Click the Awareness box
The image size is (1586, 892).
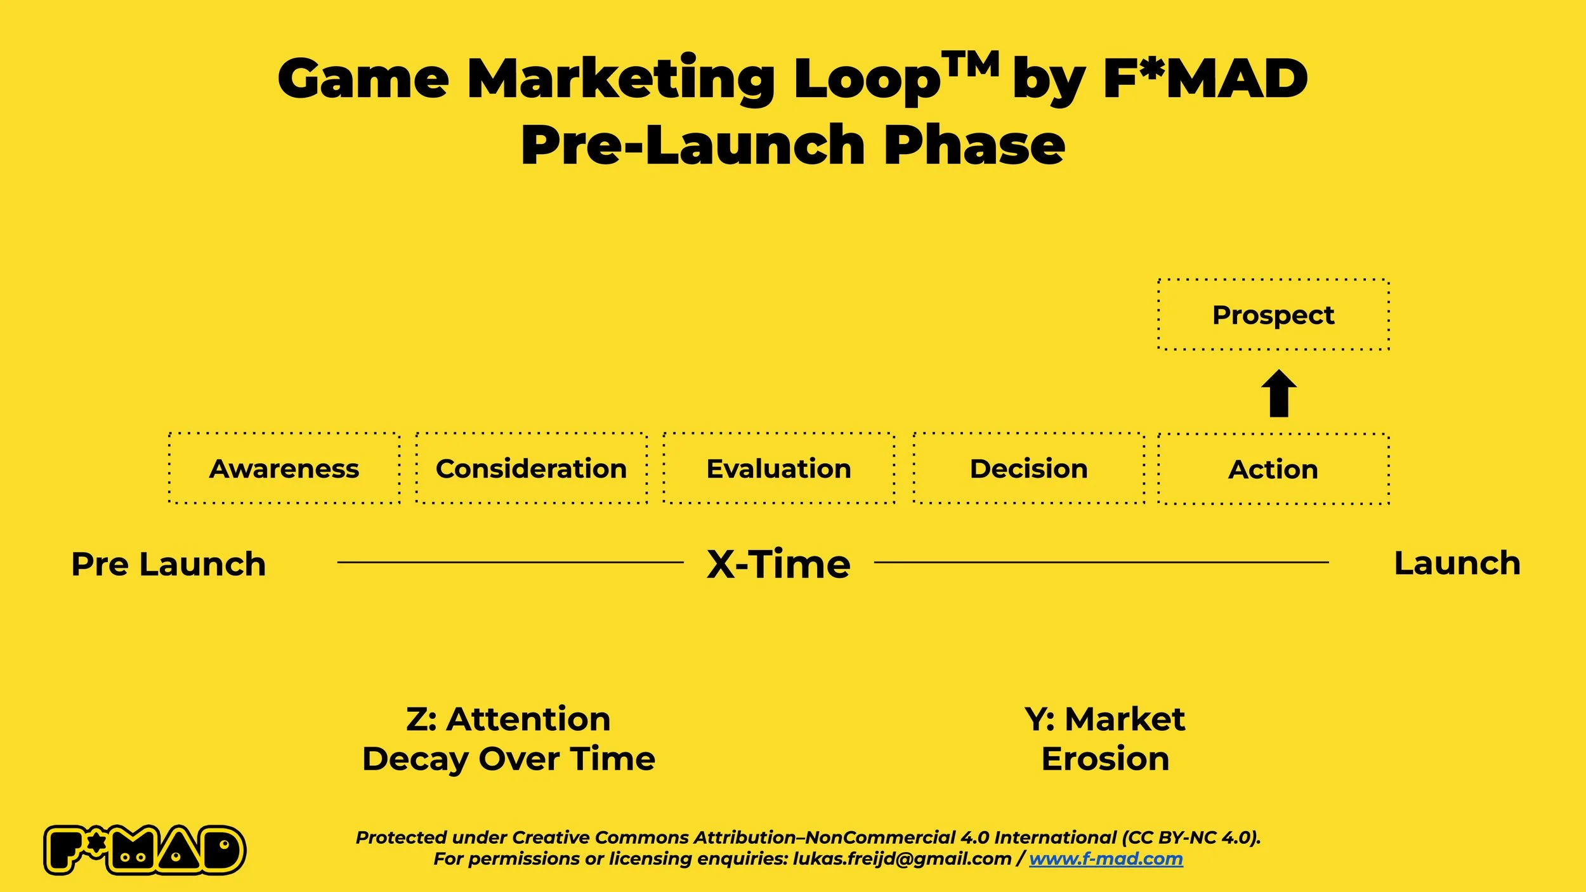pos(284,469)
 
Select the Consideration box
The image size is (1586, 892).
pos(532,469)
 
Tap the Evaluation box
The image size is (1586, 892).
pos(779,469)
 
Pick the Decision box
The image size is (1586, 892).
pos(1028,469)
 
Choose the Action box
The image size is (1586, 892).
pos(1273,469)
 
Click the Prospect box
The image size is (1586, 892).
pos(1273,315)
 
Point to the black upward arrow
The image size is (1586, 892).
pos(1278,393)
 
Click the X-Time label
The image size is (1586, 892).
pos(778,564)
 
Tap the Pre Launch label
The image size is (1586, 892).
pos(169,564)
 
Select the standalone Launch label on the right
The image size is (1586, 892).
pos(1457,563)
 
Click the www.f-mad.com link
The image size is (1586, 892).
pos(1106,859)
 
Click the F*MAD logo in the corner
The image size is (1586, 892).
pos(145,850)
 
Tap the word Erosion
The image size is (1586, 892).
pos(1105,759)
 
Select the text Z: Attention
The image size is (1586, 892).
pos(508,719)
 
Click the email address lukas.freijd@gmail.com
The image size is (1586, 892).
pos(901,859)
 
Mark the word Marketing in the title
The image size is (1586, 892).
pos(620,79)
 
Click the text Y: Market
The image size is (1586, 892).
pos(1105,719)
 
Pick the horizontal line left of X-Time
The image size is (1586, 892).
pos(511,562)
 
